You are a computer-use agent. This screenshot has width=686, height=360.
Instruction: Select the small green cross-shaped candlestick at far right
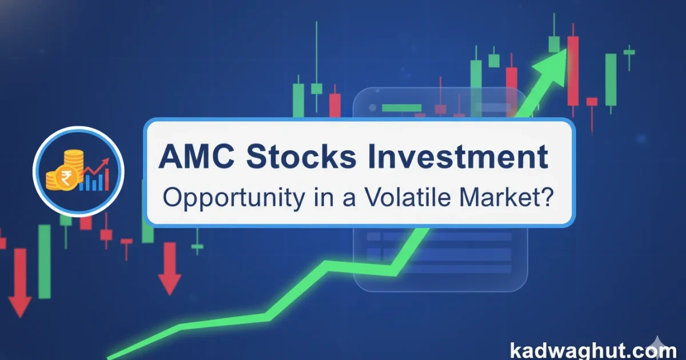[629, 53]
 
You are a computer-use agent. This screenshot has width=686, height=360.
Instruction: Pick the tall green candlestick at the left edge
[44, 261]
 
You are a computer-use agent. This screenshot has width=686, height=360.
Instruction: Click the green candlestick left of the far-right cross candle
[611, 79]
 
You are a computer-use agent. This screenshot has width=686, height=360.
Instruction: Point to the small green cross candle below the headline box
[197, 246]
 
